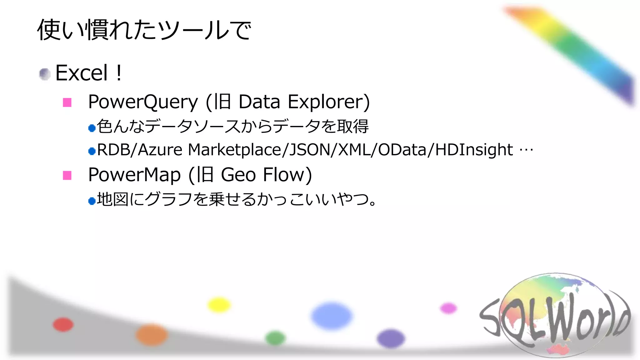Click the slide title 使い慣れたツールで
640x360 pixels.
(x=144, y=30)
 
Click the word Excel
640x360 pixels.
(x=81, y=73)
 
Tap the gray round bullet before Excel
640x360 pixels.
(x=45, y=74)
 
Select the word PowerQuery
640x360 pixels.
(x=143, y=102)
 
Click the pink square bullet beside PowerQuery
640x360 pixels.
(x=67, y=102)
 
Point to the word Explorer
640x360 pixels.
(x=328, y=102)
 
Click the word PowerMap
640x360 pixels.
(x=134, y=175)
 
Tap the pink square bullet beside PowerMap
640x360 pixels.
(x=67, y=175)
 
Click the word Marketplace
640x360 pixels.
(x=234, y=150)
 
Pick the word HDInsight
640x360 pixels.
(x=474, y=150)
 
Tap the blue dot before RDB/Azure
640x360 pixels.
(x=92, y=152)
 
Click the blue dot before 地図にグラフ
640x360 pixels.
(x=92, y=201)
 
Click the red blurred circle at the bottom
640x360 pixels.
(x=63, y=324)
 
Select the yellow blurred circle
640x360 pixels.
(x=219, y=305)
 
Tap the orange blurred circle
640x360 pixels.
(x=152, y=335)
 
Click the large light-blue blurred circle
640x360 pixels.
(x=332, y=316)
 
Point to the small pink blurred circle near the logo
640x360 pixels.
(x=448, y=308)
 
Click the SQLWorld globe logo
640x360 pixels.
(x=555, y=316)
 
